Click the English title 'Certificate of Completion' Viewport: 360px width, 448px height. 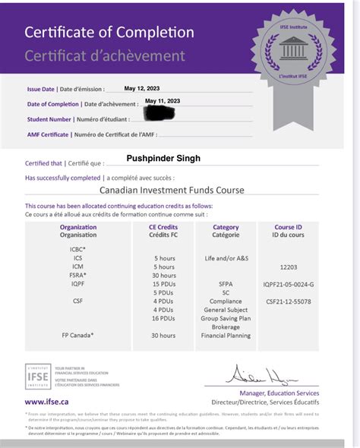[109, 33]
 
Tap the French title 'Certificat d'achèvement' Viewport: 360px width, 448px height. [105, 55]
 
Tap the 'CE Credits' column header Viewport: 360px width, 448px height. [163, 227]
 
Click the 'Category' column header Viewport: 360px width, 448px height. [226, 227]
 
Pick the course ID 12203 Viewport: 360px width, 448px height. [288, 267]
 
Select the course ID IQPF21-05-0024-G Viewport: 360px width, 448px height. [288, 284]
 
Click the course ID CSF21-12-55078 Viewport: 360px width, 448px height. [288, 301]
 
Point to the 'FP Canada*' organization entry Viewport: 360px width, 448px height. [78, 336]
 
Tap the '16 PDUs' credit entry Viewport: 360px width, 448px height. [163, 319]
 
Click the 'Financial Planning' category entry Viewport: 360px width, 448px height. [226, 336]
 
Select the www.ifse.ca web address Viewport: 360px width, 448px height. [47, 402]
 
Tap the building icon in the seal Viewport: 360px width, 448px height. [293, 49]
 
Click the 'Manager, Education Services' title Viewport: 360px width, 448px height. [279, 393]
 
